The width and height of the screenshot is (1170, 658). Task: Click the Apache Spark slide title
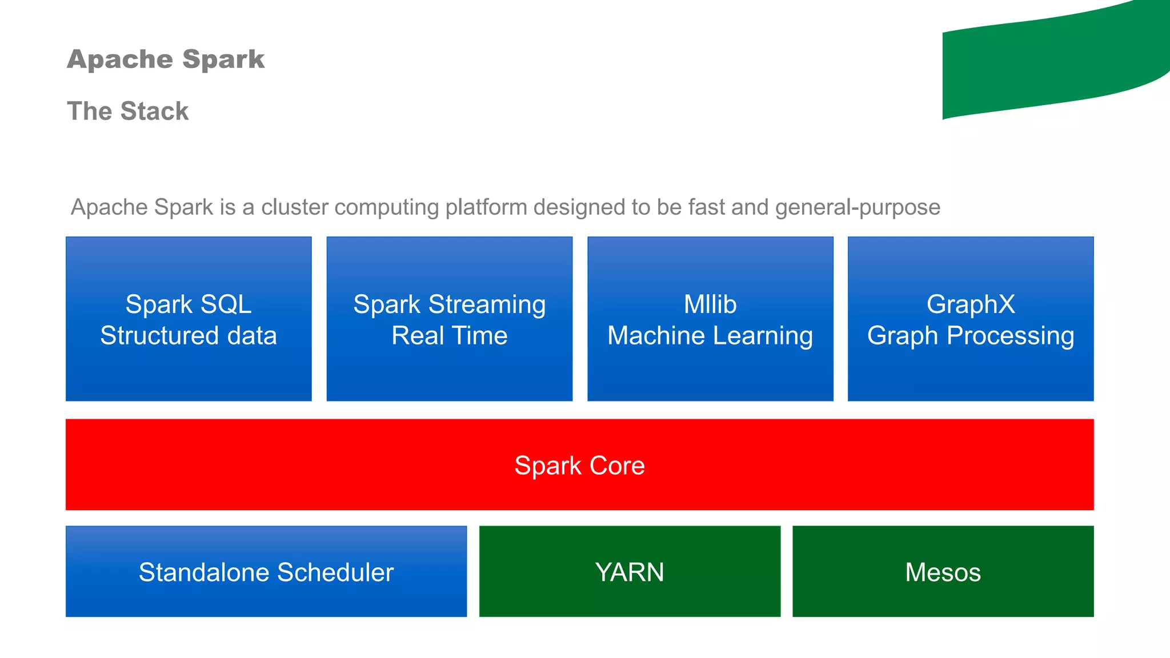point(166,59)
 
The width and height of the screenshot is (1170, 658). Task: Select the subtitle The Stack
point(127,111)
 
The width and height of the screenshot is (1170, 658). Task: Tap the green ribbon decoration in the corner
point(1051,63)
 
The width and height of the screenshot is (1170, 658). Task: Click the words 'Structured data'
point(189,336)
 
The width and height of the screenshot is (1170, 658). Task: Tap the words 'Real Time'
point(449,336)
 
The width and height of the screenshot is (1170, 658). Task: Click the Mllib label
point(710,304)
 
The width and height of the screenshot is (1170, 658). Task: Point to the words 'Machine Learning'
point(710,336)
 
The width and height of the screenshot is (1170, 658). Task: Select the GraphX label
point(971,304)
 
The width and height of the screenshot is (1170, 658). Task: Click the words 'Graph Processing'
point(971,336)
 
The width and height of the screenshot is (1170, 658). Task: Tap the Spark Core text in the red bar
point(579,466)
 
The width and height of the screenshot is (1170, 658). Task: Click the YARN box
point(630,572)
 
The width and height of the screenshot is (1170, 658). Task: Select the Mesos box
point(943,572)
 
